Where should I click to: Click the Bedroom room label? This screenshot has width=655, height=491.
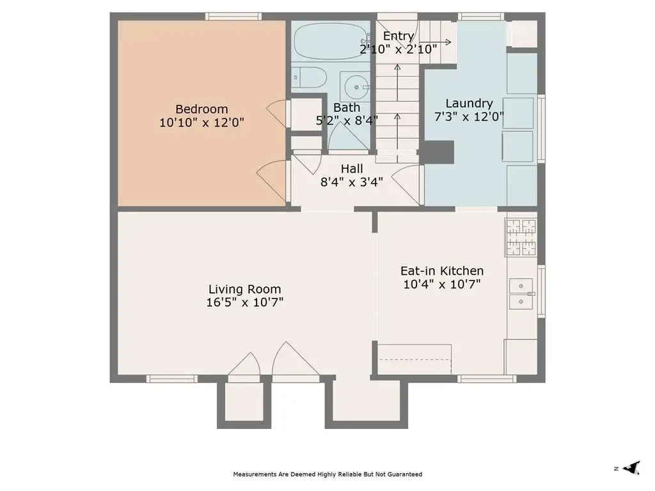point(201,109)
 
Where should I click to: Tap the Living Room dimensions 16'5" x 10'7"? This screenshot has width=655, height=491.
point(245,302)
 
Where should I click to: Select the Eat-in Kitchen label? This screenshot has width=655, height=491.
point(442,271)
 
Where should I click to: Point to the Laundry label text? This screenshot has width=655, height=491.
point(469,104)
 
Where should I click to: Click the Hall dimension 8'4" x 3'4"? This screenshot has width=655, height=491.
point(352,182)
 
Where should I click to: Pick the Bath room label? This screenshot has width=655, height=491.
point(347,107)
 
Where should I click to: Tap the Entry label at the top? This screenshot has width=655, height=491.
point(399,36)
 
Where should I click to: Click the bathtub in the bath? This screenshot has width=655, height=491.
point(331,41)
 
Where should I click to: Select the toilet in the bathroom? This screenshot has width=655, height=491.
point(308,77)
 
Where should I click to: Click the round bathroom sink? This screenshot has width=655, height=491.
point(356,87)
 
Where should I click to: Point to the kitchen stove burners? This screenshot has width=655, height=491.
point(521,237)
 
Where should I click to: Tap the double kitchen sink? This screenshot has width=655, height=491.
point(521,294)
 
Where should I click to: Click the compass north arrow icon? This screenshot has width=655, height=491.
point(631,468)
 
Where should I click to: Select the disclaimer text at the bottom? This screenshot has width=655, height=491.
point(327,474)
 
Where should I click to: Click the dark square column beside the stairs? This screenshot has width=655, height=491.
point(439,152)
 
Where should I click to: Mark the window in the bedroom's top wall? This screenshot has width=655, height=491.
point(233,17)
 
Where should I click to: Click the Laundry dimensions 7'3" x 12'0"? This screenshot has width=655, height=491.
point(469,116)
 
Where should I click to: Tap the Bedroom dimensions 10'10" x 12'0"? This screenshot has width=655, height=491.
point(201,123)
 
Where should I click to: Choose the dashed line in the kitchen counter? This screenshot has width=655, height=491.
point(414,359)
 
